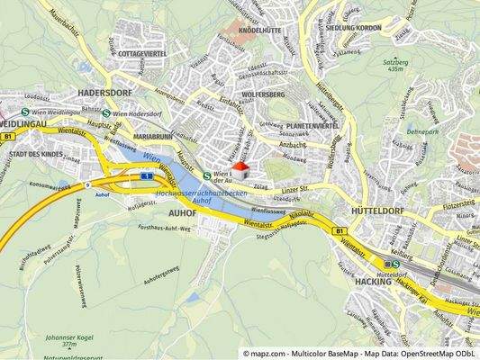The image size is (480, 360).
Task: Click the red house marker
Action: pos(240,170)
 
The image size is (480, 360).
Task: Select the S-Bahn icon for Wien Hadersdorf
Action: pos(106,113)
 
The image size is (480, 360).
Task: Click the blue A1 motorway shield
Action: pos(145,176)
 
